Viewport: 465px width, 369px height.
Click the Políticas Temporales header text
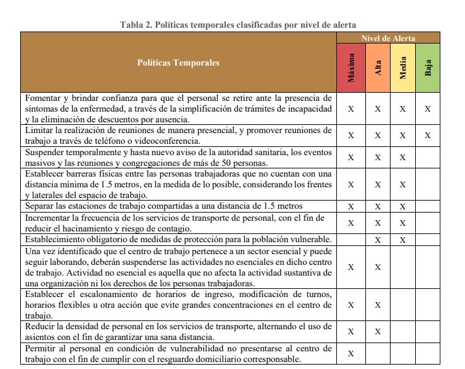(x=179, y=63)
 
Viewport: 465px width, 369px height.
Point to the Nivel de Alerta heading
(x=389, y=38)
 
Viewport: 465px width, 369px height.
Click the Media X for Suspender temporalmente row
(x=403, y=157)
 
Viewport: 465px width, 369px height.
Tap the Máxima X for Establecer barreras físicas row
(x=351, y=184)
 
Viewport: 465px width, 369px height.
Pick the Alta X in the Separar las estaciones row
(x=377, y=206)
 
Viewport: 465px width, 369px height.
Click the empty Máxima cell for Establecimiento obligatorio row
(x=351, y=240)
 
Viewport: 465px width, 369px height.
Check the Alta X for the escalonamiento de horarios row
(x=377, y=305)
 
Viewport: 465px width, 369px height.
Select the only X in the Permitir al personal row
(x=351, y=353)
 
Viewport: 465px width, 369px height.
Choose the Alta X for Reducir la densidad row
(x=377, y=332)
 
